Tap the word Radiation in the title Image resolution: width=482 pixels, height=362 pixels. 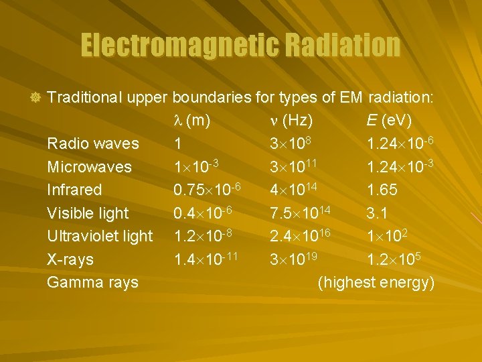(342, 46)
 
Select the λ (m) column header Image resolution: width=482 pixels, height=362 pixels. (192, 121)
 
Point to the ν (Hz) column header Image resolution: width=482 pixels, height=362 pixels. (289, 121)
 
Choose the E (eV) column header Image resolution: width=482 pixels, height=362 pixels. (389, 121)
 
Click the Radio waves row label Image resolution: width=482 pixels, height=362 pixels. (93, 143)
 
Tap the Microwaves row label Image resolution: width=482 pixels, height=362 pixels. (89, 166)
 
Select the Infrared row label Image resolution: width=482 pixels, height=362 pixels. (74, 190)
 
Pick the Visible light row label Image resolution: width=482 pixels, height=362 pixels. (88, 213)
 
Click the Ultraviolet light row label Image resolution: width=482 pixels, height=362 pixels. (100, 236)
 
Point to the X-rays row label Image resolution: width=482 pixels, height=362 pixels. (70, 259)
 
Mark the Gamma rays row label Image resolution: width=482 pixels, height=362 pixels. (92, 282)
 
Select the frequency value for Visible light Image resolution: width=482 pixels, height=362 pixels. (301, 213)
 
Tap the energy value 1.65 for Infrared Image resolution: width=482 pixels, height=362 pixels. (382, 190)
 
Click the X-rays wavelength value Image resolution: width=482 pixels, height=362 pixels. (205, 259)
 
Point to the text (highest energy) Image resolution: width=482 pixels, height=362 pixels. (376, 282)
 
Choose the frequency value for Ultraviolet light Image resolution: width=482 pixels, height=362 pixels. (301, 236)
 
